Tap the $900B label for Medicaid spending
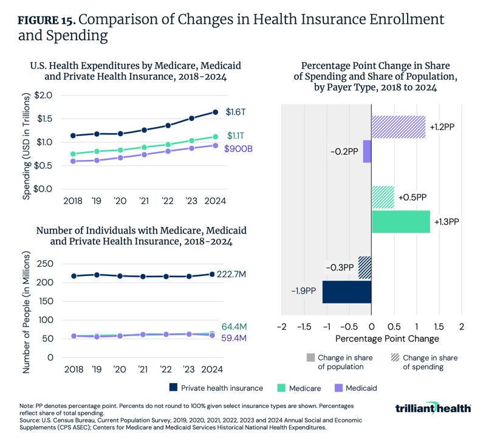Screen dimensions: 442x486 click(238, 148)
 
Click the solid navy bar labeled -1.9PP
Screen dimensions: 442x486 click(346, 292)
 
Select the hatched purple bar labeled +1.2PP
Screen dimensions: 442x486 click(398, 127)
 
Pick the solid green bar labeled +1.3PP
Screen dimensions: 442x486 click(400, 222)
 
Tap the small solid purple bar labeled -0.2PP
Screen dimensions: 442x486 click(367, 151)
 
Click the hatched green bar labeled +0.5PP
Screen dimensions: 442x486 click(383, 198)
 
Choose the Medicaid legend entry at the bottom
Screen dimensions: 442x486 click(352, 387)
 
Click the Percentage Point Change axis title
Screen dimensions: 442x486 click(371, 338)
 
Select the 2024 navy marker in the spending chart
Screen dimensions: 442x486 click(214, 112)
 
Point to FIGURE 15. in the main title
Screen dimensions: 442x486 click(46, 20)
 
